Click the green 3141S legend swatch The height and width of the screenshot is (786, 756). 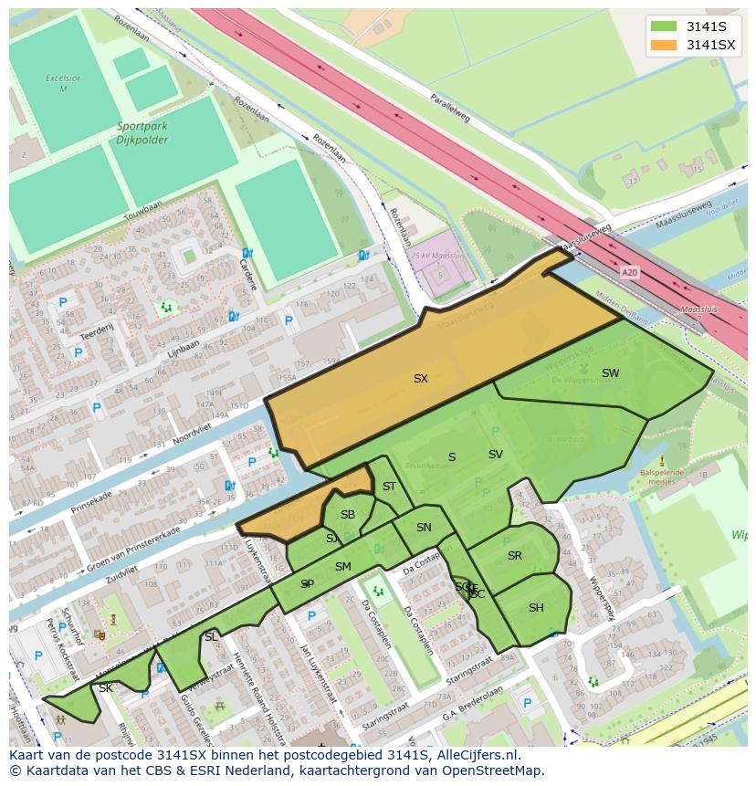664,26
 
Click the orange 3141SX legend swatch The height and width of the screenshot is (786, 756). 664,45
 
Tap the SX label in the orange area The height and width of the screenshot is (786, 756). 421,378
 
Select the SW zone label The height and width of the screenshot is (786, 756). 610,372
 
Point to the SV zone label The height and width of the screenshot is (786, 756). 496,455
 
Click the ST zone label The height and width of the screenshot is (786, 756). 390,487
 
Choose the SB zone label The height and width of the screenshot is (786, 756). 348,515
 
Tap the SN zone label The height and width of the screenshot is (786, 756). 424,528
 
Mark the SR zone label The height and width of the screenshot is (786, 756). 515,556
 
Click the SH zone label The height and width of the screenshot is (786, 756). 536,608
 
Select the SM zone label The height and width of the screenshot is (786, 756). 343,567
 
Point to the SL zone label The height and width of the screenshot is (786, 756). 211,636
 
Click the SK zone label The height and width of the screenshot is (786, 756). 106,687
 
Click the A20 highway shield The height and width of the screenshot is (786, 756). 629,272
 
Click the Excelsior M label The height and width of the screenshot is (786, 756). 63,83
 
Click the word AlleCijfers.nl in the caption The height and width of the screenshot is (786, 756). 475,755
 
